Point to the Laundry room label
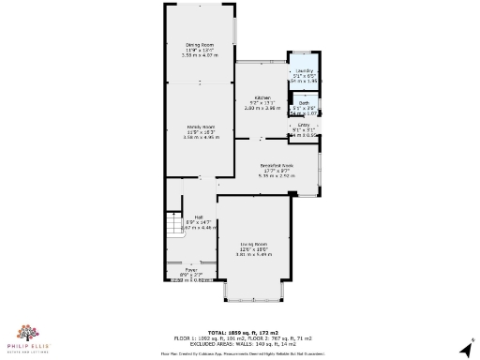click(x=303, y=70)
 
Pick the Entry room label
click(x=304, y=125)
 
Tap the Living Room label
click(x=254, y=244)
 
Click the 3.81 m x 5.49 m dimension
click(x=254, y=255)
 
